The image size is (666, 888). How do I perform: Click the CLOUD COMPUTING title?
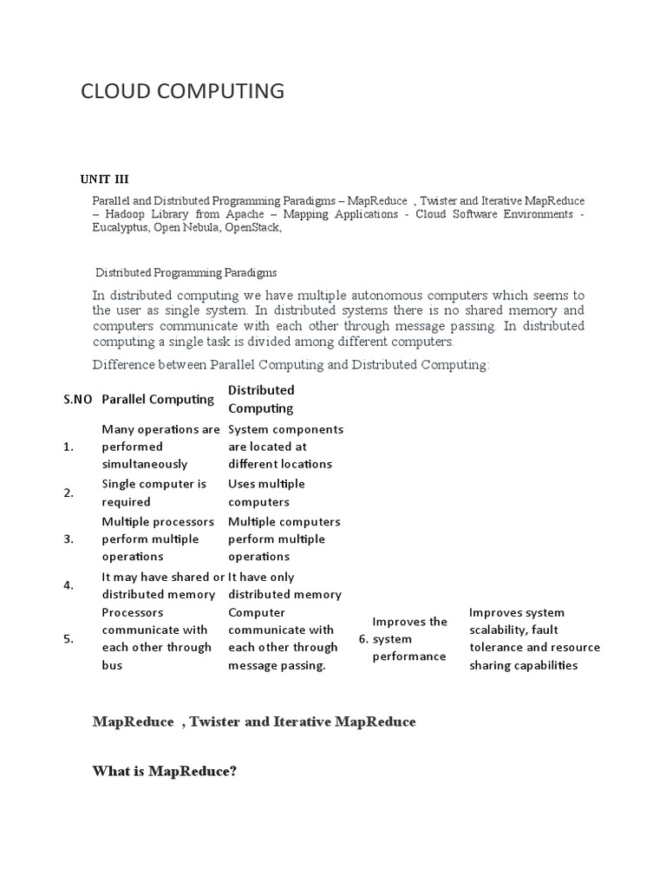[x=182, y=90]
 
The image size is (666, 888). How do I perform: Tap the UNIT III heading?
[x=104, y=180]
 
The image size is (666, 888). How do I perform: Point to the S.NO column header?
[x=78, y=400]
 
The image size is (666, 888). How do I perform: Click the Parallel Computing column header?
[x=158, y=399]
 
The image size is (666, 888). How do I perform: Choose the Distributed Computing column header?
[x=261, y=399]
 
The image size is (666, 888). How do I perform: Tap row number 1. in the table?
[x=69, y=447]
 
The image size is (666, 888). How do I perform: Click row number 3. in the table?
[x=69, y=539]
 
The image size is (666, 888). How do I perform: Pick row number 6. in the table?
[x=363, y=639]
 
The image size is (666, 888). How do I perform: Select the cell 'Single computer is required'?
[x=154, y=493]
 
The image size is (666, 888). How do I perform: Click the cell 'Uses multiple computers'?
[x=266, y=493]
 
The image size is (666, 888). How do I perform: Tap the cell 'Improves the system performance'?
[x=409, y=639]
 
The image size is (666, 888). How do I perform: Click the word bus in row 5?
[x=112, y=665]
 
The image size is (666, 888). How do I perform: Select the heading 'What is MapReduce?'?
[x=165, y=771]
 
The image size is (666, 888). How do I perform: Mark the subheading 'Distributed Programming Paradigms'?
[x=186, y=272]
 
